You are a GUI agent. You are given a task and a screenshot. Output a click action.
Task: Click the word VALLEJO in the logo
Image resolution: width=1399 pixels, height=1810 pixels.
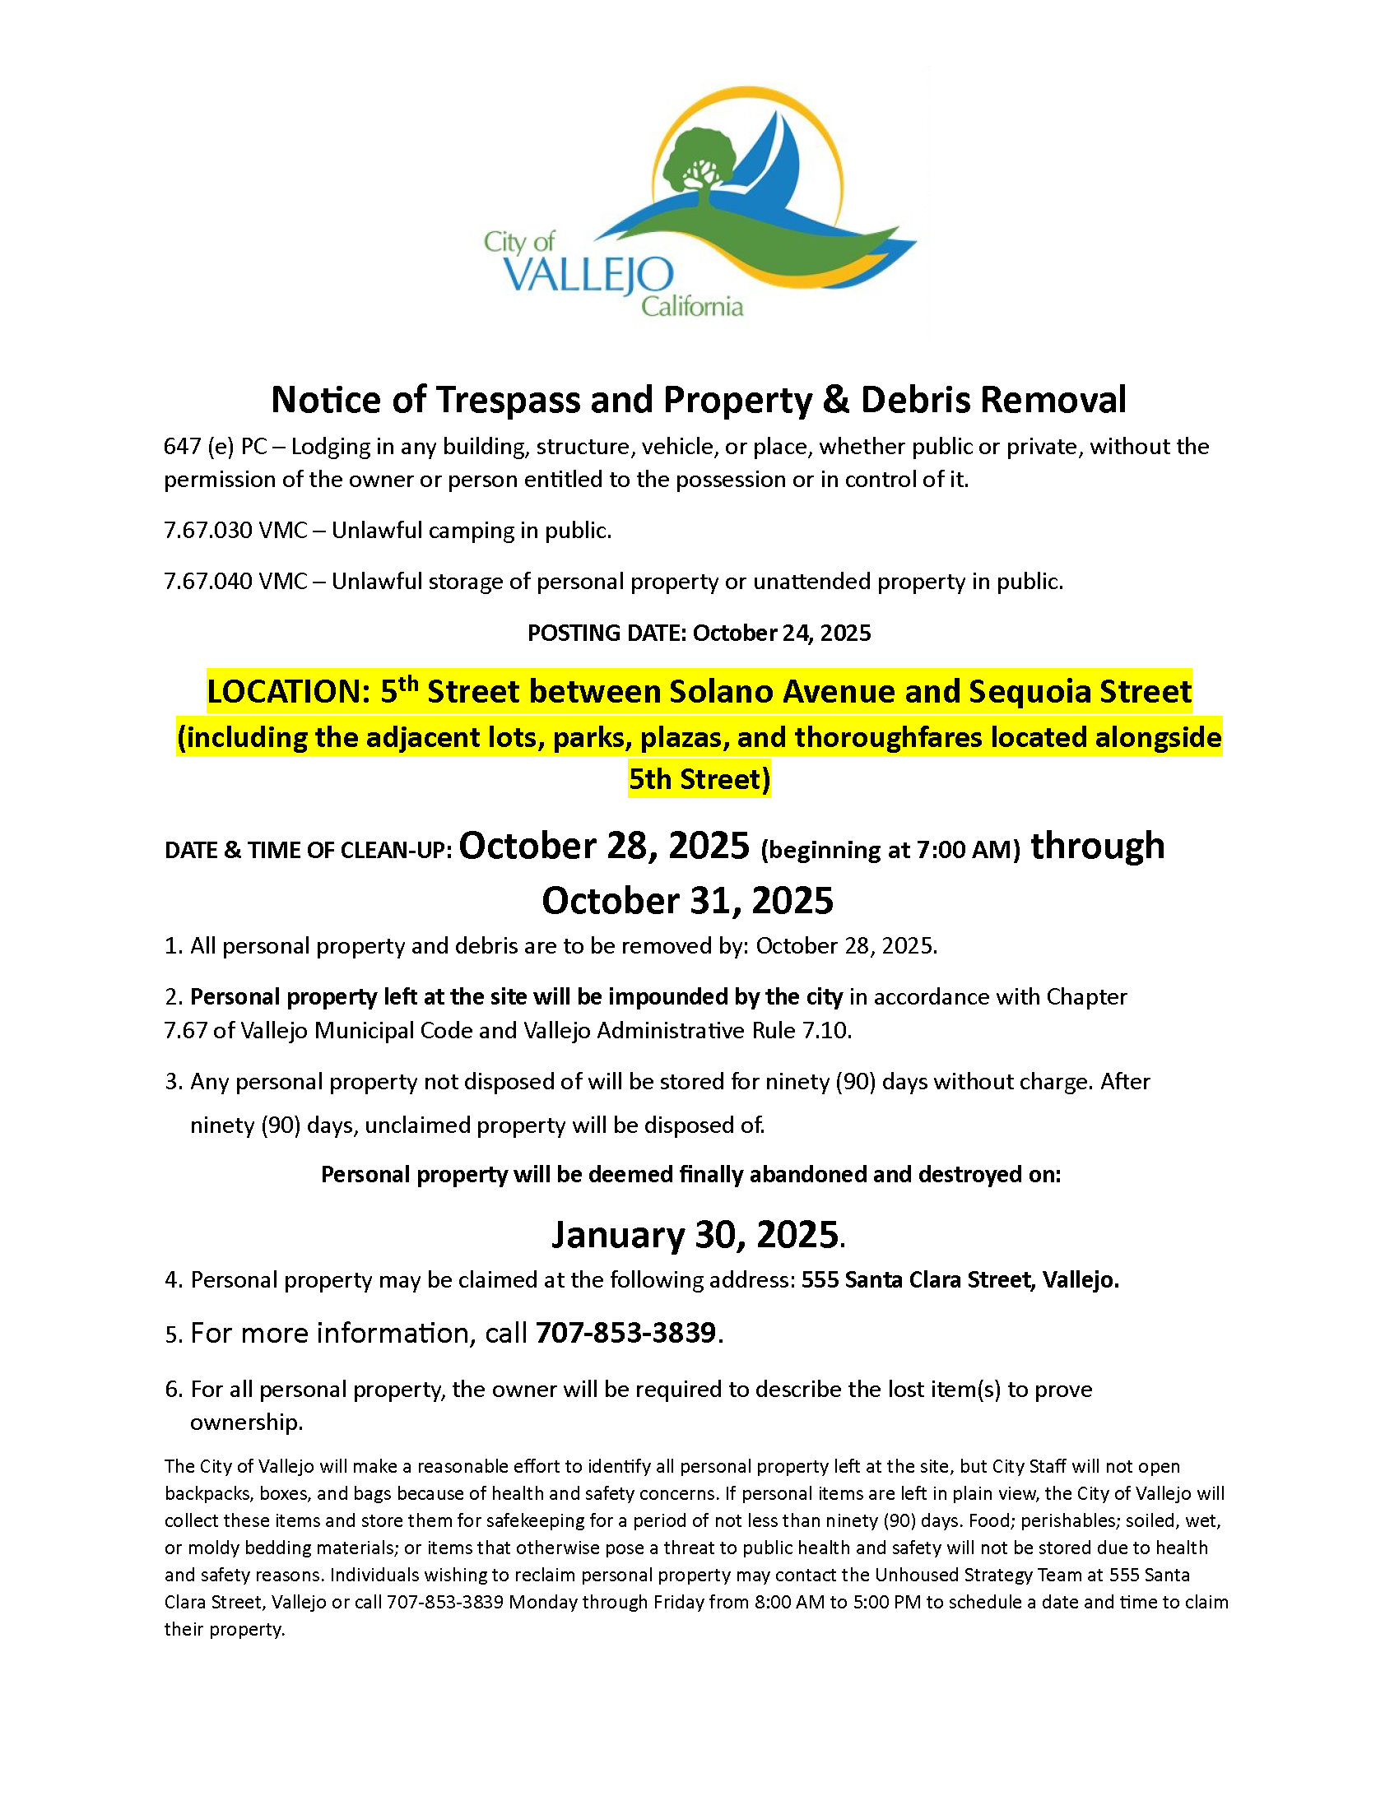(x=588, y=274)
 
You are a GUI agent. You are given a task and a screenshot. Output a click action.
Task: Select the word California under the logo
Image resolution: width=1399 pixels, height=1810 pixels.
(x=692, y=308)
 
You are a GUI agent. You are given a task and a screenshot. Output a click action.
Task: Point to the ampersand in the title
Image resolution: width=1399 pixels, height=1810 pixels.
(x=835, y=400)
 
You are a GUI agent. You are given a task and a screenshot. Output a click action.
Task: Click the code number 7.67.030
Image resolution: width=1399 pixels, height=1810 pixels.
(x=208, y=531)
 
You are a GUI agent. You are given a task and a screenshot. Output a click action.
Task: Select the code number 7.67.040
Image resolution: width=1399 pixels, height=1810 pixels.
(x=208, y=582)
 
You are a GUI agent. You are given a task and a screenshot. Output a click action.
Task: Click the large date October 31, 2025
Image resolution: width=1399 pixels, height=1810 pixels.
(x=687, y=901)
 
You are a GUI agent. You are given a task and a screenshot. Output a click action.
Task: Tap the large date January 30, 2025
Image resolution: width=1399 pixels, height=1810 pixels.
(x=695, y=1235)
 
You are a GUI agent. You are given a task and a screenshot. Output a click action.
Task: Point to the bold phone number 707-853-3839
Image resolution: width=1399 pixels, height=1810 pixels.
(x=625, y=1333)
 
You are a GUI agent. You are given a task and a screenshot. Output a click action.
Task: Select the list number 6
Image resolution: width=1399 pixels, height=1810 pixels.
(x=172, y=1389)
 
